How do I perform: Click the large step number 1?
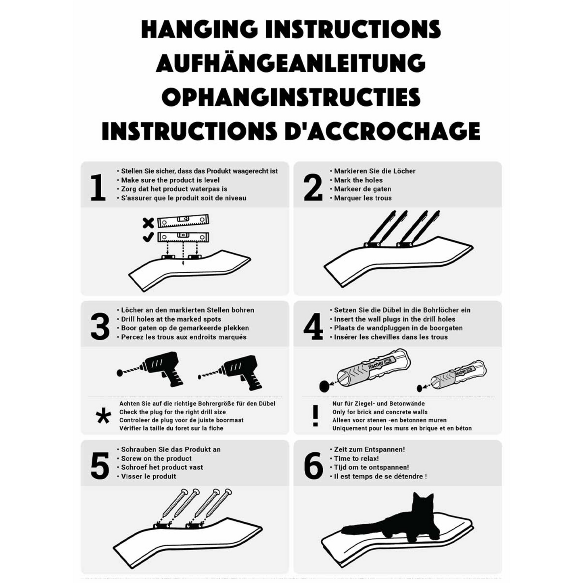pos(98,188)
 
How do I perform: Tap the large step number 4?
pos(313,327)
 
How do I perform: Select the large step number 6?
pos(313,466)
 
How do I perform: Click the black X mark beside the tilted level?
pos(148,223)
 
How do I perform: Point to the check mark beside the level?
pos(148,237)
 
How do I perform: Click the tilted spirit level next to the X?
pos(183,221)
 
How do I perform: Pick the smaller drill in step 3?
pos(230,373)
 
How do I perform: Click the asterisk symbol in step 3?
pos(103,416)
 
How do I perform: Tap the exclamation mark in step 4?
pos(315,416)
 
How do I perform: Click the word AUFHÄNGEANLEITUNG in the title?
pos(291,63)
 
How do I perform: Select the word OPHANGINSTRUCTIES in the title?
pos(291,97)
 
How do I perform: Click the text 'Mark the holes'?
pos(358,180)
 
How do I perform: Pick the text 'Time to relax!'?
pos(356,458)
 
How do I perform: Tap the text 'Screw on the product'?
pos(157,458)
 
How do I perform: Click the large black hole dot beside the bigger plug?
pos(324,387)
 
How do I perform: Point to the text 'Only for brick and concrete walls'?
pos(380,412)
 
